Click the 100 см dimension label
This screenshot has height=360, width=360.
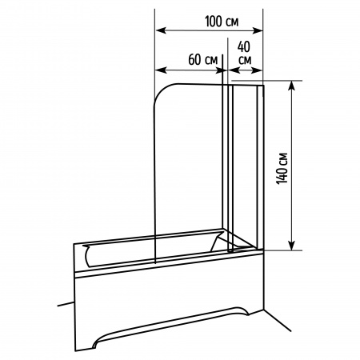tap(222, 22)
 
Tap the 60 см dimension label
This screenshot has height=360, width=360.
tap(203, 59)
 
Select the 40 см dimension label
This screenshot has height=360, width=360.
tap(245, 54)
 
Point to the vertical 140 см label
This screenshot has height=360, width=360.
tap(282, 168)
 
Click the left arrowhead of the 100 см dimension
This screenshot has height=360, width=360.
tap(161, 30)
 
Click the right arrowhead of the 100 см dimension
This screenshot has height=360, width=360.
tap(258, 30)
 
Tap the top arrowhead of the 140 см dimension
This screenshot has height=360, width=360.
tap(292, 86)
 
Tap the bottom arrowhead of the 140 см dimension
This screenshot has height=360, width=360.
tap(292, 245)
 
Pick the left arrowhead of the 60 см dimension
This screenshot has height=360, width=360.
tap(161, 70)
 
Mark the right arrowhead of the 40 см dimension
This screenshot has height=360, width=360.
tap(257, 70)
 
